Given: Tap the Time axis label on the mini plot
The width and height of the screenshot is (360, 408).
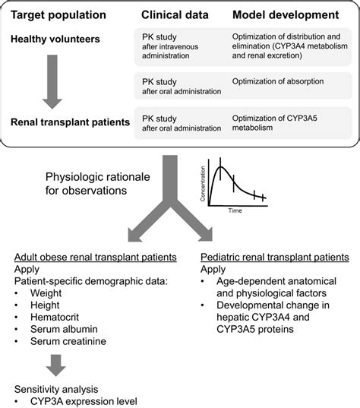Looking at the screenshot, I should [x=235, y=212].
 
